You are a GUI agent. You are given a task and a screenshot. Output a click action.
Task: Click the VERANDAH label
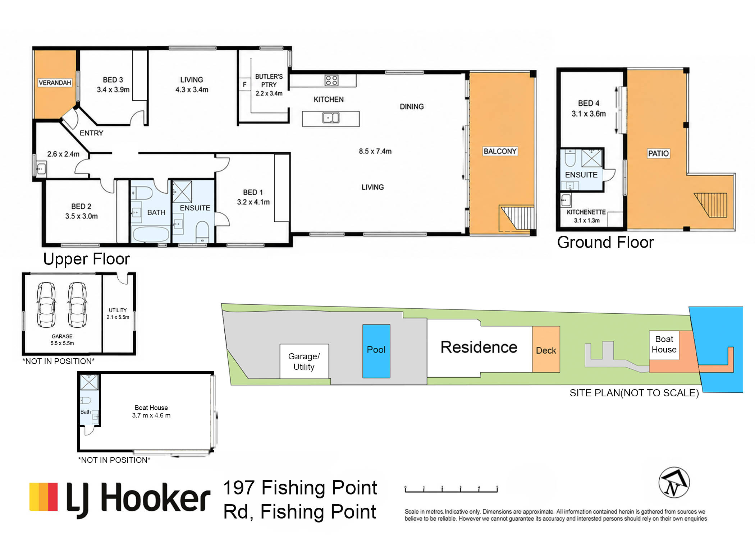coord(55,83)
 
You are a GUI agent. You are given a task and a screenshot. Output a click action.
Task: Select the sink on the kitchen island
coord(331,118)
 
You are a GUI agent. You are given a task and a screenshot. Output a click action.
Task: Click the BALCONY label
coord(500,151)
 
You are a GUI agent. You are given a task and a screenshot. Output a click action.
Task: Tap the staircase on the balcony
coord(516,218)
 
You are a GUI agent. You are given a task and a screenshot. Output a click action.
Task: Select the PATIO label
coord(658,153)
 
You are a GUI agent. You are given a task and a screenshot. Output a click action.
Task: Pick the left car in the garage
coord(46,305)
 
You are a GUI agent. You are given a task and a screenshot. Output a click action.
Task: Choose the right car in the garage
coord(77,305)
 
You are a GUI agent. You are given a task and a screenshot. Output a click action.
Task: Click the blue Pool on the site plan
coord(376,351)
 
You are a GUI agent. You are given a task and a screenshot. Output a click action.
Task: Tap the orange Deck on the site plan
coord(546,349)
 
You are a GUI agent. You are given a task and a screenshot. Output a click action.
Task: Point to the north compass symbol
coord(674,482)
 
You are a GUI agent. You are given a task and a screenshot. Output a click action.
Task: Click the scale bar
coord(451,489)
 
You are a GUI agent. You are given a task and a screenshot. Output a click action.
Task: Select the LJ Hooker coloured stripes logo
coord(44,497)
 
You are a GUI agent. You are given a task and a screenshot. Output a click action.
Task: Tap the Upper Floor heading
coord(86,259)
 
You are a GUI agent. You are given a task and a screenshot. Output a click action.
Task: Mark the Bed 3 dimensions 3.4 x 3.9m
coord(113,90)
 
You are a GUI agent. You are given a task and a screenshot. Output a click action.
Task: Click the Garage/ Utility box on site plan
coord(304,361)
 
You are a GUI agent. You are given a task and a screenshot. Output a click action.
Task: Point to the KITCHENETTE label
coord(586,212)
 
